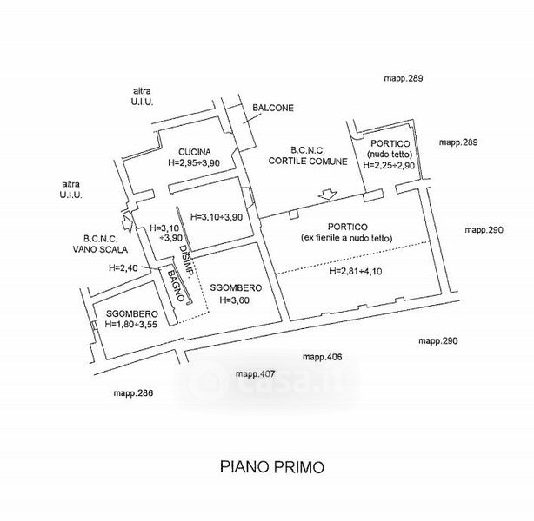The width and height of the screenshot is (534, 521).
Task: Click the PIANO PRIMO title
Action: pos(271,467)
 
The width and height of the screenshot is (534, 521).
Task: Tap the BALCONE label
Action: pos(273,108)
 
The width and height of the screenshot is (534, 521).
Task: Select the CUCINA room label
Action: pos(195,152)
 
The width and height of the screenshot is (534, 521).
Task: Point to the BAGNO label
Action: pos(177,286)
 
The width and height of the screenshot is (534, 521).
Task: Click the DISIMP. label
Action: pos(187,260)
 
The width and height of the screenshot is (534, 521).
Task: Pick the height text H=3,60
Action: pos(234,300)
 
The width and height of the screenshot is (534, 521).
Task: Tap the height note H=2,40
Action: pos(123,268)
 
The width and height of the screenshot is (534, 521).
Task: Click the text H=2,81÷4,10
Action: pos(356,271)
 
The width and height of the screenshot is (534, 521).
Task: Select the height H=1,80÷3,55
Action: pos(131,324)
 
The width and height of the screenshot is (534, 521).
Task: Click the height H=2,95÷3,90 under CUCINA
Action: pos(194,162)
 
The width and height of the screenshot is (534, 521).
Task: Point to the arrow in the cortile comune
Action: pos(328,195)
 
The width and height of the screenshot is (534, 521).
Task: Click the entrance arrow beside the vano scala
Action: pos(127,222)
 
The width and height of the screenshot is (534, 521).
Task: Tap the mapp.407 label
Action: pos(255,374)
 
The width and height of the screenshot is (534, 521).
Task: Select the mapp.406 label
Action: pos(322,357)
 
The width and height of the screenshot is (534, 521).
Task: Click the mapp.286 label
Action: pos(133,393)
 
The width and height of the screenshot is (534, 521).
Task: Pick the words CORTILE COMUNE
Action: pos(308,161)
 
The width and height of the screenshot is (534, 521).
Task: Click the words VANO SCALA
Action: pos(100,249)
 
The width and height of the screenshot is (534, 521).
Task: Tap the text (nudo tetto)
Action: pos(390,154)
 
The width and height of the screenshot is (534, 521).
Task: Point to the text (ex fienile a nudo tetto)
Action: pos(347,238)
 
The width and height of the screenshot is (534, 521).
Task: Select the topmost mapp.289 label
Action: pos(404,78)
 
